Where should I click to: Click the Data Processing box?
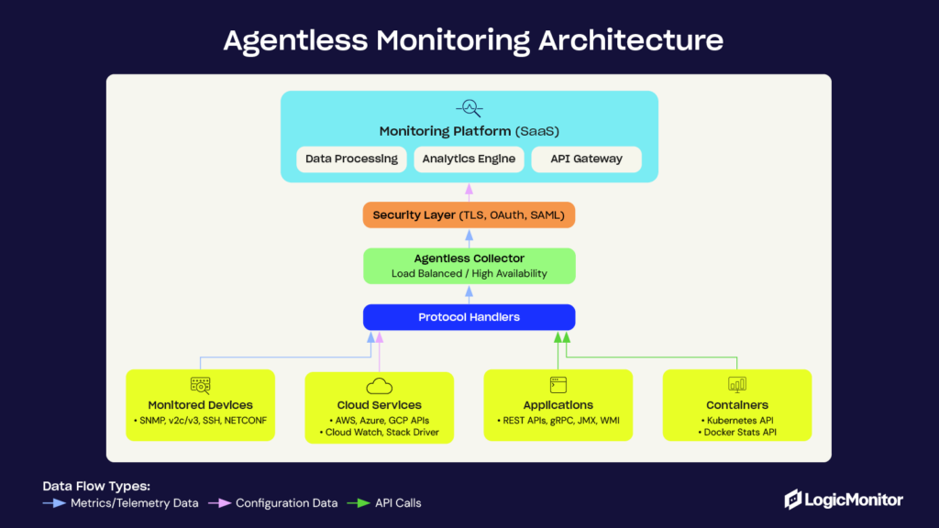[352, 159]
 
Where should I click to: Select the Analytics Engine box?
[469, 159]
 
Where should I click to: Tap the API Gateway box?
[586, 159]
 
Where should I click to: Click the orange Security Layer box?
[469, 214]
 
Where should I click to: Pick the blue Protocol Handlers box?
[469, 317]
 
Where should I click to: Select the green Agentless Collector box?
[469, 266]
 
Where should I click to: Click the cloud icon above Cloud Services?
[379, 387]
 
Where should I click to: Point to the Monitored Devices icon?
[200, 386]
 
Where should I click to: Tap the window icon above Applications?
[558, 385]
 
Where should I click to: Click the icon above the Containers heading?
[737, 385]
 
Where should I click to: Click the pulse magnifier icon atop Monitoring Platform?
[469, 108]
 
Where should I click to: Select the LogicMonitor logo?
[844, 500]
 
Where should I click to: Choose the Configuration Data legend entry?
[274, 503]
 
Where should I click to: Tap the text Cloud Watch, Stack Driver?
[380, 432]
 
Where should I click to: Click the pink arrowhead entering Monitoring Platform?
[469, 187]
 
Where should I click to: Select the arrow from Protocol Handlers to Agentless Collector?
[469, 293]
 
